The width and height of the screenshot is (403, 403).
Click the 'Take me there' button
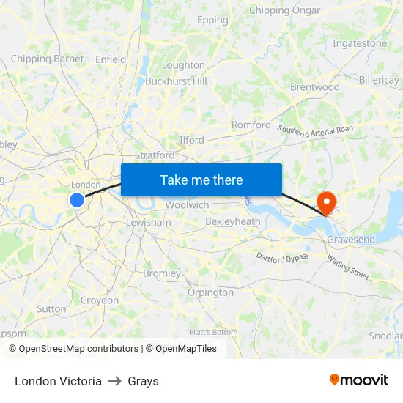tap(202, 180)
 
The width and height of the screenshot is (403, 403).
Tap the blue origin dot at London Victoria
tap(77, 199)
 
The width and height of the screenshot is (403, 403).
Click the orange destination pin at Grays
tap(325, 201)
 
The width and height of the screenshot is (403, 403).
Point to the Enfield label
tap(111, 59)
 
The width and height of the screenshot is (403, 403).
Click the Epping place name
tap(212, 20)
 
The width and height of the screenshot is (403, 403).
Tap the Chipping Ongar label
tap(285, 10)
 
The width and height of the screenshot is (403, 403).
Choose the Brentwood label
tap(315, 86)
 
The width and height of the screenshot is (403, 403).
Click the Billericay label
tap(380, 79)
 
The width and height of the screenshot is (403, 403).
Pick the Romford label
tap(251, 125)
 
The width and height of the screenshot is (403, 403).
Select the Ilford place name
tap(191, 139)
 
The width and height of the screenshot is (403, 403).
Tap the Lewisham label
tap(148, 222)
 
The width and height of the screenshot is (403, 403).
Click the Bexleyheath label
tap(233, 221)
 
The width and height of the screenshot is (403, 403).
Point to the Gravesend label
tap(350, 240)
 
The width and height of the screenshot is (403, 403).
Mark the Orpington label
tap(210, 292)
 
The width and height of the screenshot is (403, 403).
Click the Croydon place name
tap(100, 300)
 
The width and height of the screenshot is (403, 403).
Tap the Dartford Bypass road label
tap(283, 256)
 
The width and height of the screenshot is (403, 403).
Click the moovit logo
tap(359, 380)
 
